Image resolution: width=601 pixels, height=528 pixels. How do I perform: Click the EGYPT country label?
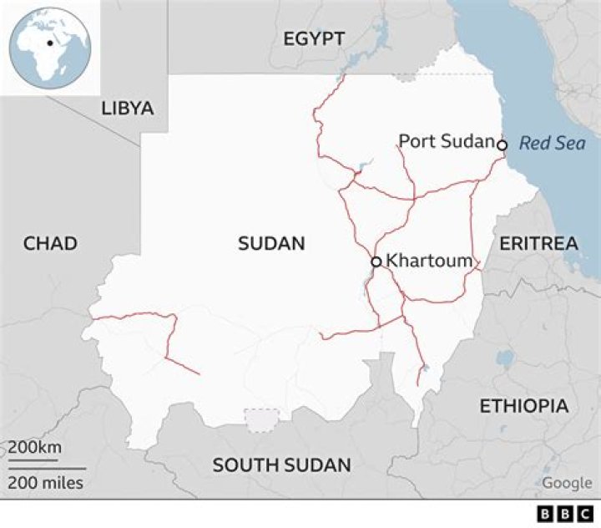314,38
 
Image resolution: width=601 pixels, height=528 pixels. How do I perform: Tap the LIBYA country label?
128,108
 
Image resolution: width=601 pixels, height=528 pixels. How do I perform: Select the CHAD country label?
50,243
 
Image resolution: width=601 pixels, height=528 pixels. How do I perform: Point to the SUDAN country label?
271,243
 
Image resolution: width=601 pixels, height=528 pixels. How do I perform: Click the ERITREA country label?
538,243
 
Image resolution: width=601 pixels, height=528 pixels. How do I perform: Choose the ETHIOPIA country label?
523,406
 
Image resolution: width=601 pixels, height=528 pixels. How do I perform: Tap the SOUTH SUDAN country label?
281,465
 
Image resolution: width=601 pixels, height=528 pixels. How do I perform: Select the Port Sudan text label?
446,140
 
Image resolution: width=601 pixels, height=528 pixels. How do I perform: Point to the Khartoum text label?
429,261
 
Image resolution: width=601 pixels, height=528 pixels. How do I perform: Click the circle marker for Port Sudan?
502,145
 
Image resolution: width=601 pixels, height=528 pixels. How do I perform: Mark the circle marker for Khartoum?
376,261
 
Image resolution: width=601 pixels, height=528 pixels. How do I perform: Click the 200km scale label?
35,448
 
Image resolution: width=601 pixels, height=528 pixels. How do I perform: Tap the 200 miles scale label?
46,482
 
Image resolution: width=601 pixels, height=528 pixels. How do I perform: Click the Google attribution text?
567,483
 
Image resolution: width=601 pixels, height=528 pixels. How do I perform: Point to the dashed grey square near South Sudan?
261,420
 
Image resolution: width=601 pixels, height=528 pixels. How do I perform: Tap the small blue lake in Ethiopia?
504,358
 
